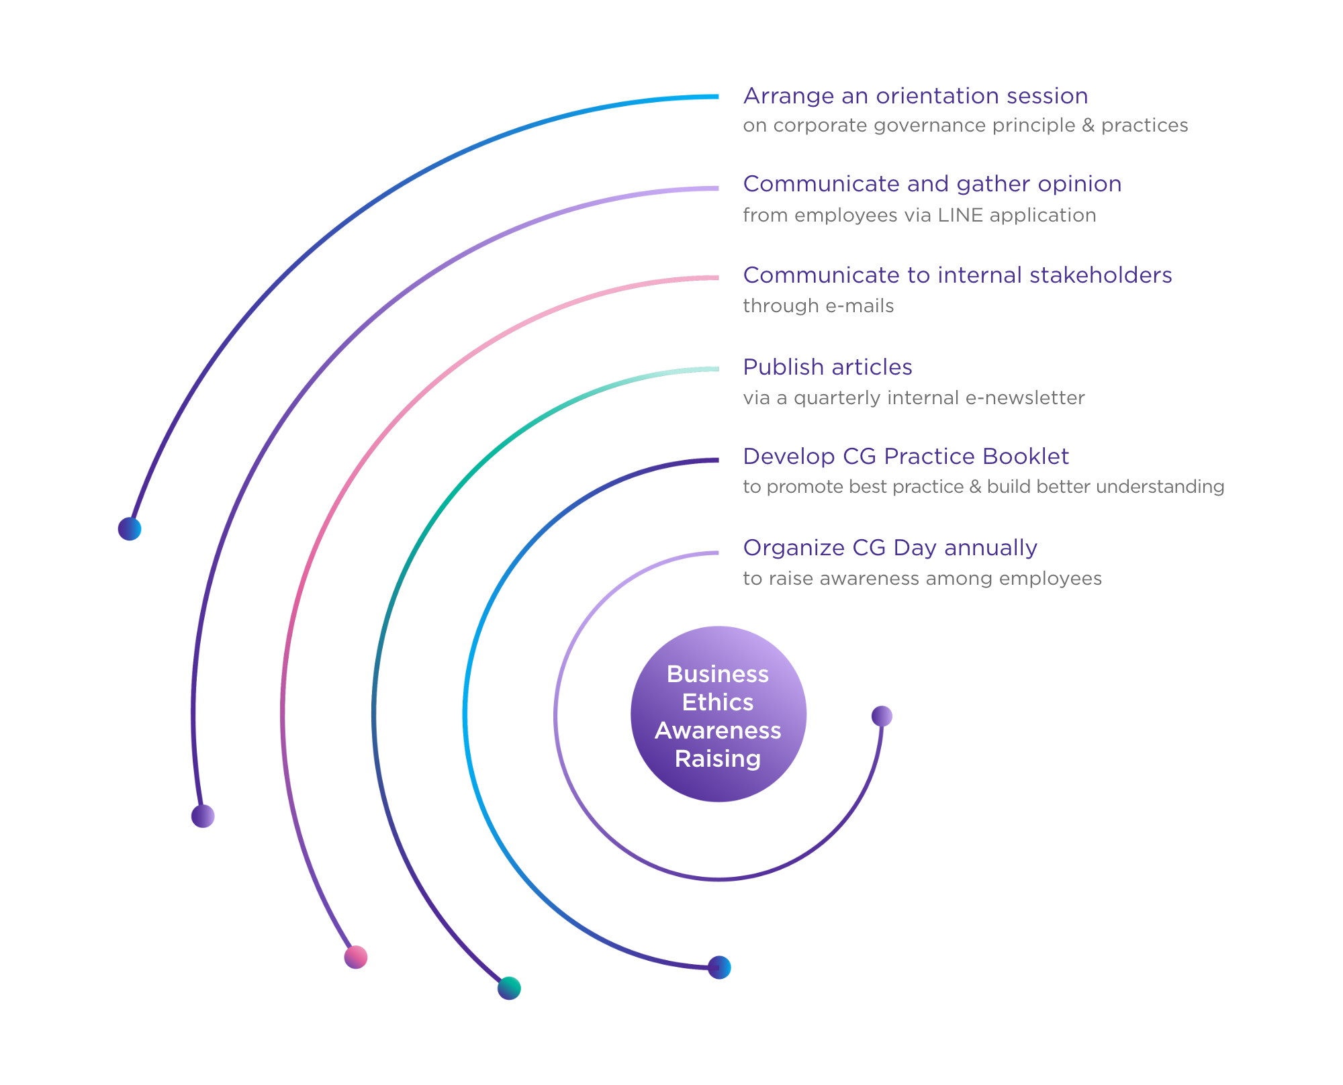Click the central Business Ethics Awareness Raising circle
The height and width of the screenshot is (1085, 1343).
719,714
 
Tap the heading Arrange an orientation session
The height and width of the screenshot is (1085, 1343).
915,96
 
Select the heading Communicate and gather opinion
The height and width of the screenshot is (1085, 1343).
932,184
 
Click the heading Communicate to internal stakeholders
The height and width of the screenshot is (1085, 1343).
958,275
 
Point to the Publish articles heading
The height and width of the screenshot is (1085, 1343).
827,367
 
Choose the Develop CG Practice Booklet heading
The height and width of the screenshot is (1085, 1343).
906,457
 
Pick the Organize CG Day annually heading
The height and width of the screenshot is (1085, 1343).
890,548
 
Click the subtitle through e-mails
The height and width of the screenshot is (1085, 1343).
819,306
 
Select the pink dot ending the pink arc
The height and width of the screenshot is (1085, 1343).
356,957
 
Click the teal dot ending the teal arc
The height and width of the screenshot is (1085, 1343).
509,988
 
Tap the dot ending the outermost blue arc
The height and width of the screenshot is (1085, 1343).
130,529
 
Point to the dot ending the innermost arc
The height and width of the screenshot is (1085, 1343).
882,716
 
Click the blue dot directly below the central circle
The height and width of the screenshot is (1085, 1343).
719,968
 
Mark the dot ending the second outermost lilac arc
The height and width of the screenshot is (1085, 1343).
203,816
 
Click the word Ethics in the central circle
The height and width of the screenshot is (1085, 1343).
718,702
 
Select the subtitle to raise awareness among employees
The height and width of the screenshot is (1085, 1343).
923,579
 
